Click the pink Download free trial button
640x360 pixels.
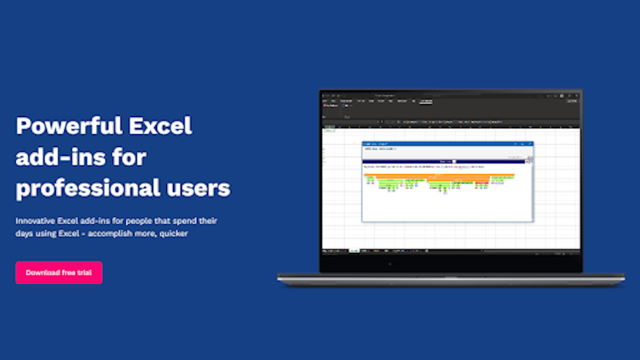[59, 273]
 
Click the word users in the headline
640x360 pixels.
[195, 188]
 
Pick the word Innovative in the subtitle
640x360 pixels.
[35, 221]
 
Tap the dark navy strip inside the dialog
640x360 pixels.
[447, 161]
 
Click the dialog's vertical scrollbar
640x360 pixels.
[531, 188]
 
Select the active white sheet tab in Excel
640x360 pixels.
[354, 251]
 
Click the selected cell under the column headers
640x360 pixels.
[329, 131]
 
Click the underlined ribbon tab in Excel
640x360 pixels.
[425, 101]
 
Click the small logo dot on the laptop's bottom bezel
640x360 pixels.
[389, 264]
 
